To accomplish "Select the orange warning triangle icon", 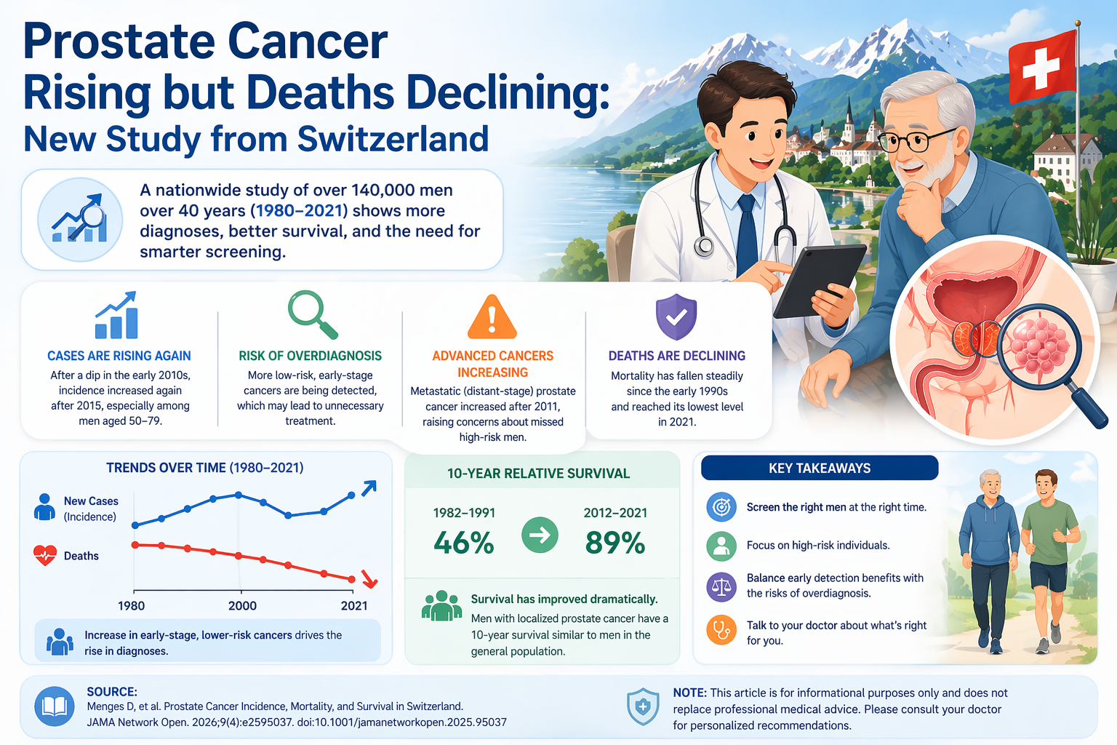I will pos(492,318).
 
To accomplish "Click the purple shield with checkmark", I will pos(676,317).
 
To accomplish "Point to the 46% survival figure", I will pos(463,543).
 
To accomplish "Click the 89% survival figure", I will pos(615,543).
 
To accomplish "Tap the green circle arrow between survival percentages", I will pos(540,535).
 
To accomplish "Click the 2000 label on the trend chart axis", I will pos(242,606).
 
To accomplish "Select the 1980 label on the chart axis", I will pos(132,606).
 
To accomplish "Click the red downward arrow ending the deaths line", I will pos(369,580).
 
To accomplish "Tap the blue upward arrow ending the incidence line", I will pos(369,488).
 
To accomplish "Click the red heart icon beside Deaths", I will pos(45,556).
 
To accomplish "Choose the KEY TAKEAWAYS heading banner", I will pos(819,468).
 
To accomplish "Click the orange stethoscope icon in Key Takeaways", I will pos(721,630).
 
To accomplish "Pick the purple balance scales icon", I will pos(721,586).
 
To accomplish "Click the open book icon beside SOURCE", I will pos(55,706).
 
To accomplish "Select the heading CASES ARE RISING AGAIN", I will pos(119,356).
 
